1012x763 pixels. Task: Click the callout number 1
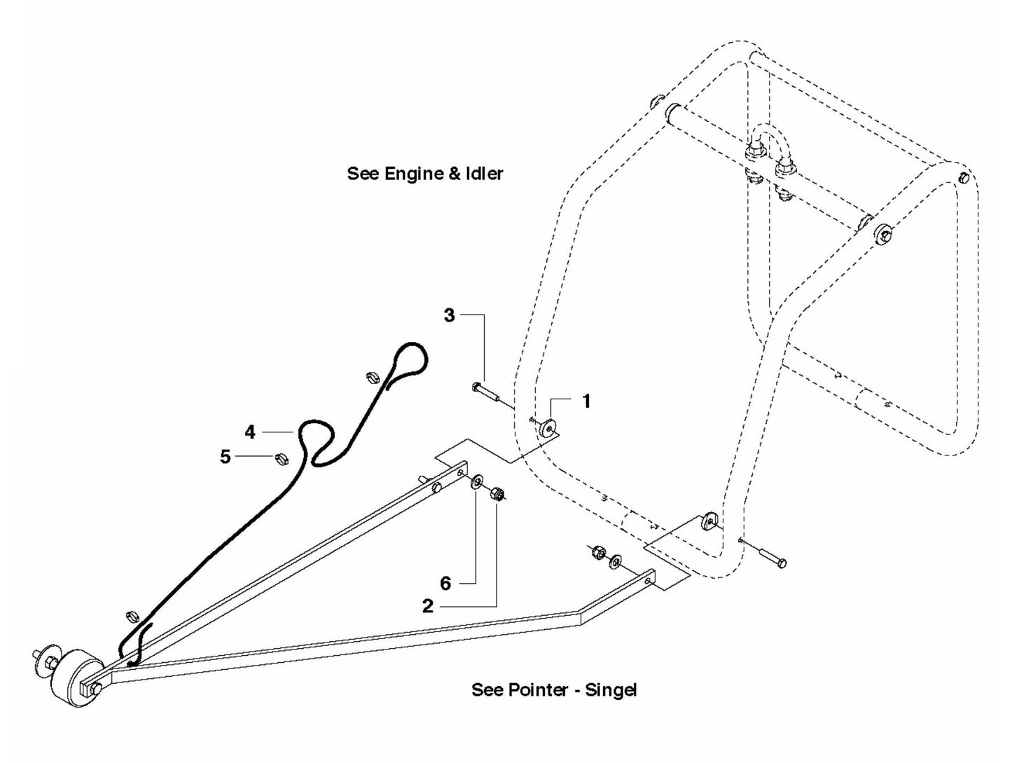[x=587, y=401]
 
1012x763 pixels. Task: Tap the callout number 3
[x=450, y=315]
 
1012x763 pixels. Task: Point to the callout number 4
[x=250, y=432]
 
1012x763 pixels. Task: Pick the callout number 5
[x=225, y=457]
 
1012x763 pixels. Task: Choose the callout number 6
[x=445, y=583]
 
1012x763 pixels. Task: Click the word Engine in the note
[x=417, y=174]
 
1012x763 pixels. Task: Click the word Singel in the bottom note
[x=611, y=690]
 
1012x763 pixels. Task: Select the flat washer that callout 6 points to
[x=476, y=481]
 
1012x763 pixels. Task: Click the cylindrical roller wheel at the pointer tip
[x=73, y=677]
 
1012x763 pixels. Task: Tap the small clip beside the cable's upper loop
[x=374, y=378]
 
